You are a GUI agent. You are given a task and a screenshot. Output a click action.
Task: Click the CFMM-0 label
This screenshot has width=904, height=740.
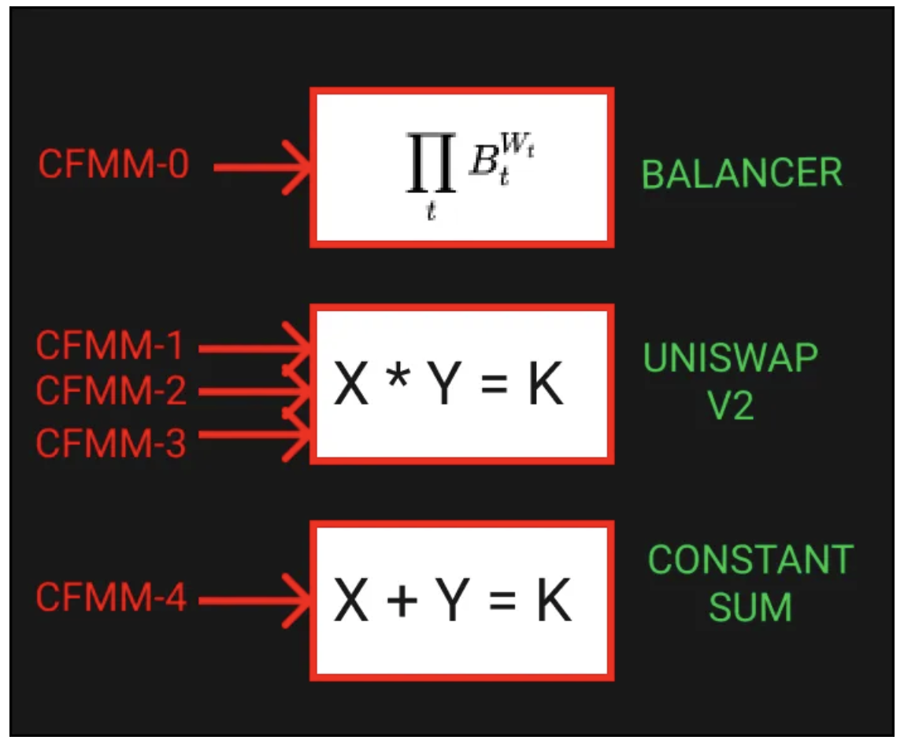tap(113, 164)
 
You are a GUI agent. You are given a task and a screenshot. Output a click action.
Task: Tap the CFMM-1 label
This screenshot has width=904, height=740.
tap(109, 346)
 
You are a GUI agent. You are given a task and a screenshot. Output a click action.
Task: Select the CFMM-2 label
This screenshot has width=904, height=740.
tap(111, 390)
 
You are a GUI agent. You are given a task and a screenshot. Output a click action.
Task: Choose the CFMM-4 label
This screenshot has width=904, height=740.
tap(111, 597)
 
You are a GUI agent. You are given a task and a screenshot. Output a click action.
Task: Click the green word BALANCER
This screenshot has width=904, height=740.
tap(742, 173)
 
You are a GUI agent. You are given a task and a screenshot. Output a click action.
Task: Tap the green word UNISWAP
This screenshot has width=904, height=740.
tap(731, 357)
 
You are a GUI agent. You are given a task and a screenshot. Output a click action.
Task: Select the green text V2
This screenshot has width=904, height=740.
tap(731, 405)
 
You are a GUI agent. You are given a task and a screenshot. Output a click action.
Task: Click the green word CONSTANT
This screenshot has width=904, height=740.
tap(750, 559)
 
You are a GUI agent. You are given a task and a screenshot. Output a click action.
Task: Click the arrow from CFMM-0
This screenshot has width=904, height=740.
tap(262, 168)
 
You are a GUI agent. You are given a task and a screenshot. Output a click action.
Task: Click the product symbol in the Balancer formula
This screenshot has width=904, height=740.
tap(431, 162)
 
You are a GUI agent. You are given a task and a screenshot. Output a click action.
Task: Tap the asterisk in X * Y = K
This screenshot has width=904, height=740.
tap(398, 378)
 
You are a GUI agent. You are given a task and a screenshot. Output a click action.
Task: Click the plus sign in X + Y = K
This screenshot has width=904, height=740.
tap(402, 601)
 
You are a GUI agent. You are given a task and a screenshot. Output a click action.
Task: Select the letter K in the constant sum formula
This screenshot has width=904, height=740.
tap(554, 599)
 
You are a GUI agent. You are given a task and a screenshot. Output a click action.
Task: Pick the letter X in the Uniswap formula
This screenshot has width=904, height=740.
tap(350, 383)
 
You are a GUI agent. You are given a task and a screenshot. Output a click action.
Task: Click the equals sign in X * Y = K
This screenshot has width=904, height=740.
tap(494, 384)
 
